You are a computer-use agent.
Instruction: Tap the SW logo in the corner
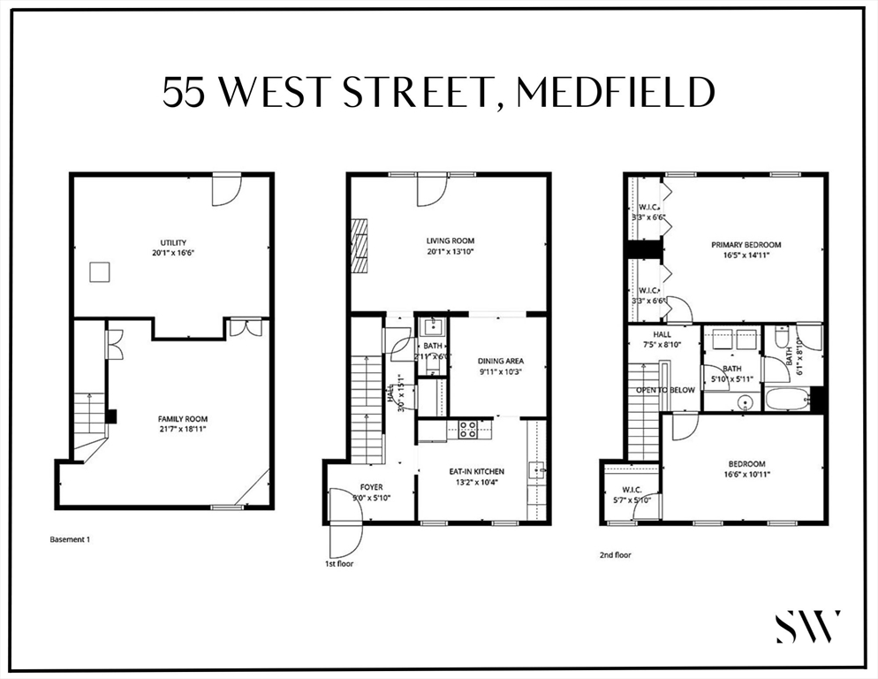808,626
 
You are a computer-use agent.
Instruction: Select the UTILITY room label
172,243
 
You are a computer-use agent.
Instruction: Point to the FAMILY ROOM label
183,419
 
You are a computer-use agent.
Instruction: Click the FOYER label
371,487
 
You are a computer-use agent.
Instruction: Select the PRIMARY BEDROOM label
747,245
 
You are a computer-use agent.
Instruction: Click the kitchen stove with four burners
468,430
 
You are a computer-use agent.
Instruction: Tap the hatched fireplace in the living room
359,248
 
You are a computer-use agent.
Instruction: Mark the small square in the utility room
101,271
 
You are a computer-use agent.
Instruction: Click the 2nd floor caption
615,555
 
